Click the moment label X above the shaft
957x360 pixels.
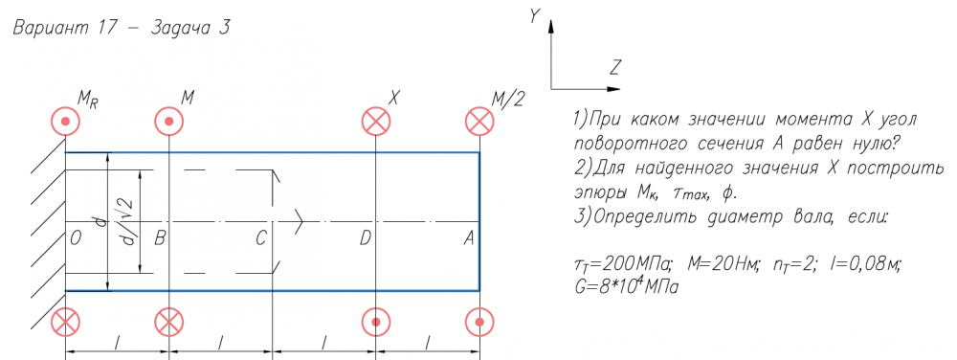point(393,98)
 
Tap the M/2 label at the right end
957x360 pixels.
point(508,99)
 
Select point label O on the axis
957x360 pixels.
point(76,239)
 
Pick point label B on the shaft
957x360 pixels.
point(160,239)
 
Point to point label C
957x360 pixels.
point(260,239)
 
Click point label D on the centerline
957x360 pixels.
point(365,239)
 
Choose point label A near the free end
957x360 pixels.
point(469,239)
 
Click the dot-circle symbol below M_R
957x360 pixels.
point(66,121)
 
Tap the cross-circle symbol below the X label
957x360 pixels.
point(376,121)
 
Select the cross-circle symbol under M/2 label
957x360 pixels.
point(479,121)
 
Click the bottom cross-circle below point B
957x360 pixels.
point(168,322)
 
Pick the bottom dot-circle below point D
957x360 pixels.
point(376,322)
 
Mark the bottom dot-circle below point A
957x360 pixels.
point(479,322)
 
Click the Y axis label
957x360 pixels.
point(535,16)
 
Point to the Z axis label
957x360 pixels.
point(614,68)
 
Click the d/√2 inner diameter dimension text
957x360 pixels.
point(129,221)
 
